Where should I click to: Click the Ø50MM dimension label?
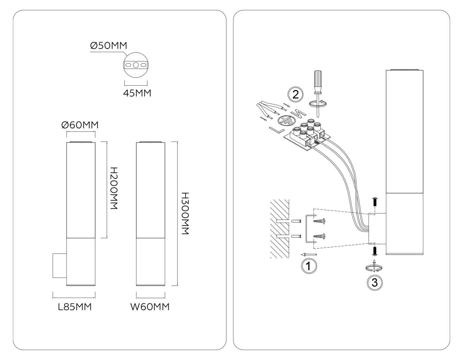[109, 46]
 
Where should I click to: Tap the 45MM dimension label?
[137, 93]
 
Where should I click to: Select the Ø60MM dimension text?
[80, 125]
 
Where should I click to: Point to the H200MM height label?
[114, 188]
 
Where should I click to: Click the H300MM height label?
[186, 213]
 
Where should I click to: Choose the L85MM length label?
[75, 307]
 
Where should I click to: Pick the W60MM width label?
[150, 307]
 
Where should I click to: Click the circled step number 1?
[309, 266]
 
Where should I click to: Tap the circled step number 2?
[296, 94]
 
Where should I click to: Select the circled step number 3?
[375, 283]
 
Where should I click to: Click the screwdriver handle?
[318, 81]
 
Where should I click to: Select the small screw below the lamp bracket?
[375, 251]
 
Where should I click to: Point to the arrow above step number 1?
[309, 254]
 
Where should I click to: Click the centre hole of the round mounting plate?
[136, 65]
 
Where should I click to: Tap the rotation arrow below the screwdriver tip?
[317, 104]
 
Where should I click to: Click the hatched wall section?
[279, 229]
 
